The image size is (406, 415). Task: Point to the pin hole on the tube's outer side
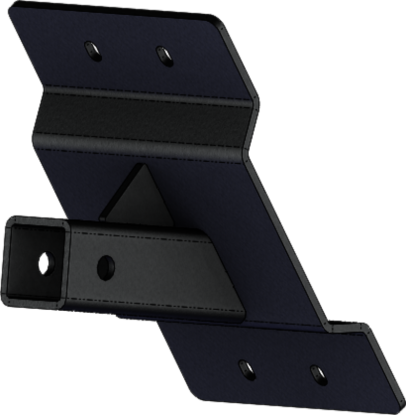[106, 265]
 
